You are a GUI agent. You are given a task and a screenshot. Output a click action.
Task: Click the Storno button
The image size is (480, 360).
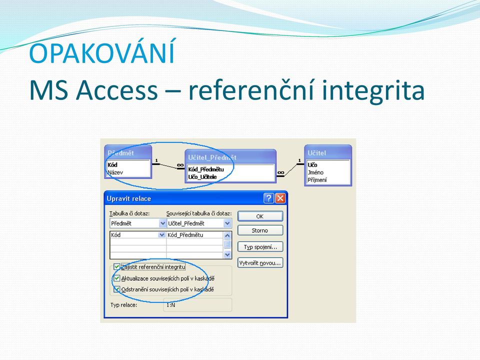[260, 230]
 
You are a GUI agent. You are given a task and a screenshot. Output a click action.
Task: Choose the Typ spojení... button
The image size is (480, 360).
[260, 246]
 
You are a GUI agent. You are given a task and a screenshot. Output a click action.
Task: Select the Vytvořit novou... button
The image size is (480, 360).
[260, 263]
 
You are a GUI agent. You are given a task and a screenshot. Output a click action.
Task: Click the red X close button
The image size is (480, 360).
[280, 198]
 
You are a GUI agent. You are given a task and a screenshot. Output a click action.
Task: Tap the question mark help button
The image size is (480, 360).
[268, 198]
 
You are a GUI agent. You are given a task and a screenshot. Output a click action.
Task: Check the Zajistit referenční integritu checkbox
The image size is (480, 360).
[116, 267]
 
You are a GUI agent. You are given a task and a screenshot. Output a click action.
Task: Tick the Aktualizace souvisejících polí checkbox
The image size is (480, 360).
[116, 278]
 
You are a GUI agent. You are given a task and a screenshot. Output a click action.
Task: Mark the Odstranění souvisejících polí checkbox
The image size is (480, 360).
[116, 289]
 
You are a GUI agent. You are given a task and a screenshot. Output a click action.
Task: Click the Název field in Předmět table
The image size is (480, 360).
[115, 172]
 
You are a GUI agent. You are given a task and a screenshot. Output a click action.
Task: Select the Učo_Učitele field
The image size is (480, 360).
[202, 177]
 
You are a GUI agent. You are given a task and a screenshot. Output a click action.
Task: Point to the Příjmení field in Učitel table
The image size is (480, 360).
[317, 180]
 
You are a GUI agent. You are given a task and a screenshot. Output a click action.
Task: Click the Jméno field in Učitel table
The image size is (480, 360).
[315, 172]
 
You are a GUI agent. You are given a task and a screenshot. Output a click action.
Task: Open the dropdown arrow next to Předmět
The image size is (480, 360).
[163, 223]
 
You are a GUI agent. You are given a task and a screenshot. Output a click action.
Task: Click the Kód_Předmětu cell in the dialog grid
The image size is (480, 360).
[185, 235]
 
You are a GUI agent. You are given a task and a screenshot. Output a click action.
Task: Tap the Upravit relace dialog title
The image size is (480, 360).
[129, 198]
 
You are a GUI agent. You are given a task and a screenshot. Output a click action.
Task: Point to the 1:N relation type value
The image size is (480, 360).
[171, 305]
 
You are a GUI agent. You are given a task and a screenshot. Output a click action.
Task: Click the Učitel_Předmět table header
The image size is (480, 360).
[212, 157]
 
